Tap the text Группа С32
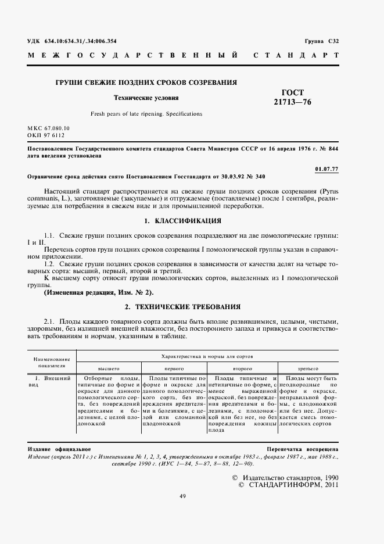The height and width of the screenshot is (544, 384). coord(321,41)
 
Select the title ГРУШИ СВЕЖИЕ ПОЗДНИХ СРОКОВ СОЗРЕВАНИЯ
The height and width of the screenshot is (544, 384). coord(146,83)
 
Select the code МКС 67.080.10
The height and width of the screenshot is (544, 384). coord(48,127)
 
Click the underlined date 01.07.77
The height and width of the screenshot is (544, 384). coord(326,169)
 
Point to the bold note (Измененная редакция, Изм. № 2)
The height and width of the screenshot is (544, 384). coord(99,292)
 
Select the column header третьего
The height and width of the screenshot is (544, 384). coord(308,368)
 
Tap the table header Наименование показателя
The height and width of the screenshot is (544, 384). coord(51,363)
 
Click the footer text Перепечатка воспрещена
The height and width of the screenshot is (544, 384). coord(302,450)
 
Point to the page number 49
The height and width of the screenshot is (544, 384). coord(182,496)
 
